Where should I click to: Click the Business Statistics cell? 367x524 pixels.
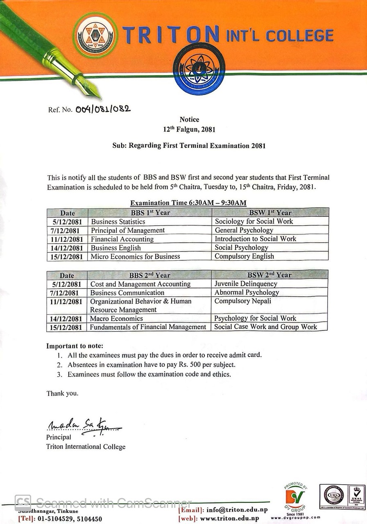tap(118, 221)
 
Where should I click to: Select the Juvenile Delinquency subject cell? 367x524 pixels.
tap(246, 284)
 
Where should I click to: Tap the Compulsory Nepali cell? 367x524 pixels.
tap(242, 301)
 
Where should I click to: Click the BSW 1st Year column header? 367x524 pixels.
tap(270, 212)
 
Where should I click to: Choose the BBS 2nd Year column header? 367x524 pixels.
tap(150, 275)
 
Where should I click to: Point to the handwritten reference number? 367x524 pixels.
tap(103, 109)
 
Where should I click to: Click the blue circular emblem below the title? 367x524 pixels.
tap(199, 69)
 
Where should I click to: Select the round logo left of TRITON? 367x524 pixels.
tap(95, 35)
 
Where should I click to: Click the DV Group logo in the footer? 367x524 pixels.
tap(295, 498)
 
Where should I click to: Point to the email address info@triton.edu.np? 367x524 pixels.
tap(233, 510)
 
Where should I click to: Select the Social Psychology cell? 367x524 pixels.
tap(241, 248)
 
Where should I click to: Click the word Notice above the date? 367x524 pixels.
tap(189, 120)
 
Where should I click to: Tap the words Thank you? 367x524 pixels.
tap(62, 393)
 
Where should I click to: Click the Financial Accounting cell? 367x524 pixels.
tap(122, 239)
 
